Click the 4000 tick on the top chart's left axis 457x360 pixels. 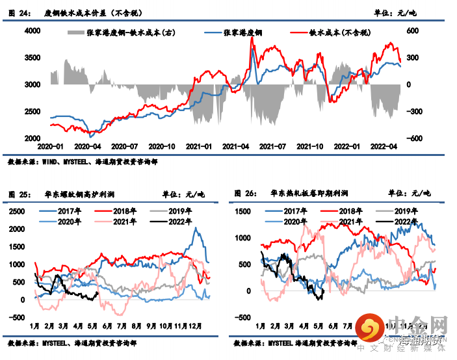[x=31, y=31]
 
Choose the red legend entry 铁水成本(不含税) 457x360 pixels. [x=339, y=32]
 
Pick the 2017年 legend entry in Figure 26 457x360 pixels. [x=296, y=211]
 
